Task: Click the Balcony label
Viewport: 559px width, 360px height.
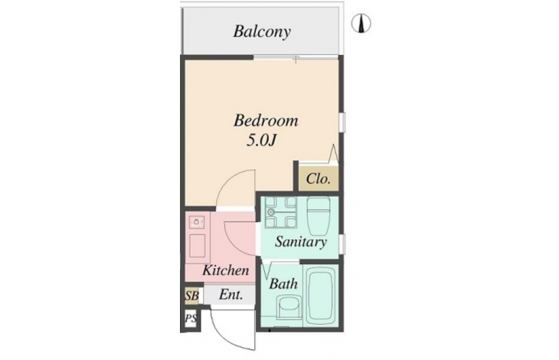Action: coord(262,31)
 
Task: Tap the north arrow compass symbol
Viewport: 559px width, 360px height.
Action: coord(361,24)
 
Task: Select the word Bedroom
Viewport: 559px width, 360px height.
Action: coord(266,120)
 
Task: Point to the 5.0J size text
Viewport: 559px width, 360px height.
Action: coord(262,141)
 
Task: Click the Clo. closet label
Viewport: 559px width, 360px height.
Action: coord(318,178)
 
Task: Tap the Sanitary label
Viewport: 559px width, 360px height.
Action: coord(300,242)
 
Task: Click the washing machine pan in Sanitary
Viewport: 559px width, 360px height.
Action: coord(281,212)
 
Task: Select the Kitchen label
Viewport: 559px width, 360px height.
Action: coord(226,270)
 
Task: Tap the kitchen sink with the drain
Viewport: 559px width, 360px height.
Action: coord(197,222)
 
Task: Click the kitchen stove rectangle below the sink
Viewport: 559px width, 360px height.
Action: coord(197,246)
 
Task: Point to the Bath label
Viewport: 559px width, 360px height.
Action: coord(283,283)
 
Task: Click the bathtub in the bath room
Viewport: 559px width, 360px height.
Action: coord(321,296)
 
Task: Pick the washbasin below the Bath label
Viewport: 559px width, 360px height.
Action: coord(287,307)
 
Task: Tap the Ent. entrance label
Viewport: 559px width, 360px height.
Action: coord(231,295)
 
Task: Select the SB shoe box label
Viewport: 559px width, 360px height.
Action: coord(191,296)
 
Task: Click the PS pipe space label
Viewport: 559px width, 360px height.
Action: coord(191,318)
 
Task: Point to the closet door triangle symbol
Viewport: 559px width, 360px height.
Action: coord(334,153)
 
